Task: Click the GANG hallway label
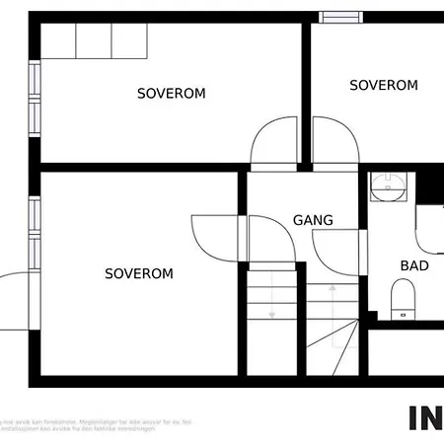point(313,220)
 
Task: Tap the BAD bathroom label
point(413,265)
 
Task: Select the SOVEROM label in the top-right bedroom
point(383,86)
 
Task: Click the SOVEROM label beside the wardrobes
point(171,94)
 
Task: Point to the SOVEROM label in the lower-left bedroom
point(139,273)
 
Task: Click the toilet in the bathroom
point(403,298)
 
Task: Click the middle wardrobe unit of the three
point(94,40)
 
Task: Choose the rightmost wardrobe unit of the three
point(129,40)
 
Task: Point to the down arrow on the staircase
point(271,296)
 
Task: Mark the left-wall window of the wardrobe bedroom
point(34,98)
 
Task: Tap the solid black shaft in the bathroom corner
point(430,185)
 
